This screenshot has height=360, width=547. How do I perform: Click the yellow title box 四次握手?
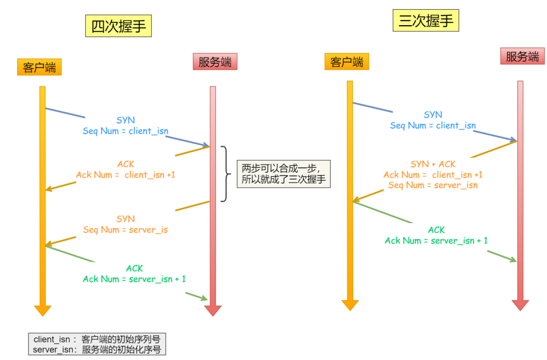click(x=118, y=26)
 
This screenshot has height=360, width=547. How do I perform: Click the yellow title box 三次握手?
click(x=426, y=21)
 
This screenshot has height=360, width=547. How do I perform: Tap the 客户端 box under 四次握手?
click(x=39, y=67)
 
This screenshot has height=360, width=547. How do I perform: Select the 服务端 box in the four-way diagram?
click(x=215, y=62)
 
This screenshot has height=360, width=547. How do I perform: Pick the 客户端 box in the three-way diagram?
click(x=347, y=62)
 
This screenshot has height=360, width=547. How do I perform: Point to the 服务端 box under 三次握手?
click(x=522, y=56)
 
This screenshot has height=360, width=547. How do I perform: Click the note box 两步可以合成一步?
click(x=283, y=174)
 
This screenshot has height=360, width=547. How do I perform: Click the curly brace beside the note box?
click(x=226, y=173)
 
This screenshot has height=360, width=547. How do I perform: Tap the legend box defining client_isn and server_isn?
click(x=97, y=344)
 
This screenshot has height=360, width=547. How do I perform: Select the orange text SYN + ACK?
click(x=433, y=164)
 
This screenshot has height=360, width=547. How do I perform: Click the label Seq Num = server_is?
click(x=125, y=230)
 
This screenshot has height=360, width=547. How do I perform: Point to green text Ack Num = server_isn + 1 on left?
click(x=134, y=279)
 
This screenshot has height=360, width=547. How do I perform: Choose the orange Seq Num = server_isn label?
click(x=433, y=185)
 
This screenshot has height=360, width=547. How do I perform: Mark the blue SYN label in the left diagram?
click(x=125, y=120)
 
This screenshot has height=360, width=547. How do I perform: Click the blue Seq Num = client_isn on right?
click(x=433, y=125)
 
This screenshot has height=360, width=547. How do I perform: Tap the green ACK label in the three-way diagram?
click(x=436, y=230)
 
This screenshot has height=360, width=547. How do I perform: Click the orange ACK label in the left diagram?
click(x=125, y=164)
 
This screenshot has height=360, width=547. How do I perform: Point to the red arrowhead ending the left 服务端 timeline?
click(x=213, y=310)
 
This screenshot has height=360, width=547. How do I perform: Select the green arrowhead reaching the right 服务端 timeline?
click(x=513, y=259)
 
